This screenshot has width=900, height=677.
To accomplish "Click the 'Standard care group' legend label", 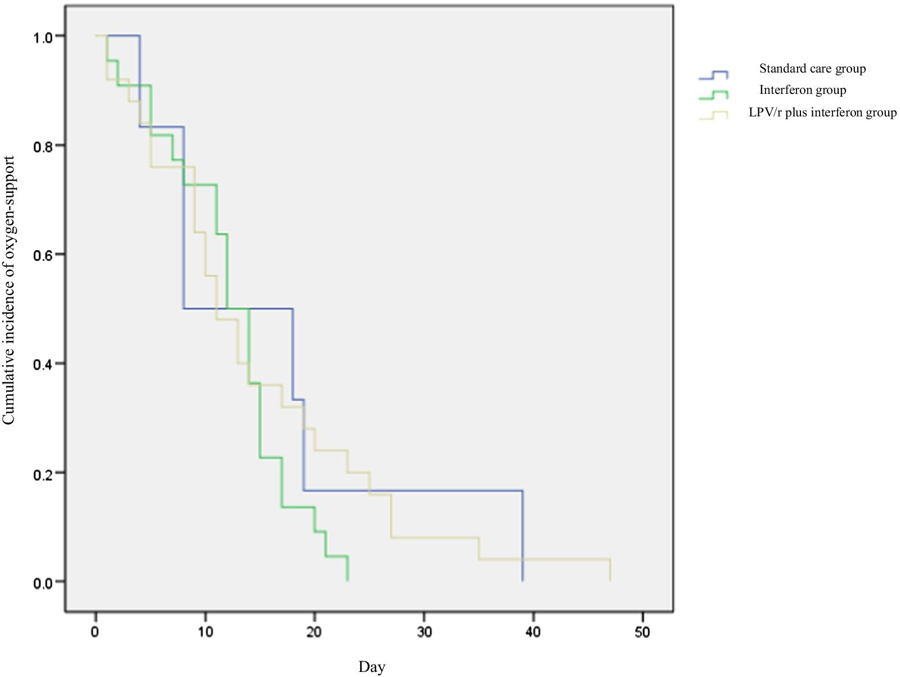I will click(812, 69).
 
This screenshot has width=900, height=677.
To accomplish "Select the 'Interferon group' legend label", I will click(802, 90).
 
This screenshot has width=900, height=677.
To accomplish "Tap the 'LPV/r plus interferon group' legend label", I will click(822, 112).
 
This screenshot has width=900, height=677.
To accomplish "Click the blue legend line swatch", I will click(713, 75).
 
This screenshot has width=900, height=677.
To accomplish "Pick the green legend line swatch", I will click(713, 94).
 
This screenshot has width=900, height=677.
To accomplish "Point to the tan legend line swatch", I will click(713, 115).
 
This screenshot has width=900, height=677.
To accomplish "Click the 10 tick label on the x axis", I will click(205, 632).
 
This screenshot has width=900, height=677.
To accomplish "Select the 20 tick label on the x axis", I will click(314, 632).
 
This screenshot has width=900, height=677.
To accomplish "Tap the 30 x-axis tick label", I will click(424, 632).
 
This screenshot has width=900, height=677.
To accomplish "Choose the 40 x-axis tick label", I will click(533, 632).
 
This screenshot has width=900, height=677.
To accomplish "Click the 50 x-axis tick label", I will click(642, 632).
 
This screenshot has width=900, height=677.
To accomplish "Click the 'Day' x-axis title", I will click(372, 667).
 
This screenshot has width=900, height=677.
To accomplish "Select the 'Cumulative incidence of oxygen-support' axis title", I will click(9, 290).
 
